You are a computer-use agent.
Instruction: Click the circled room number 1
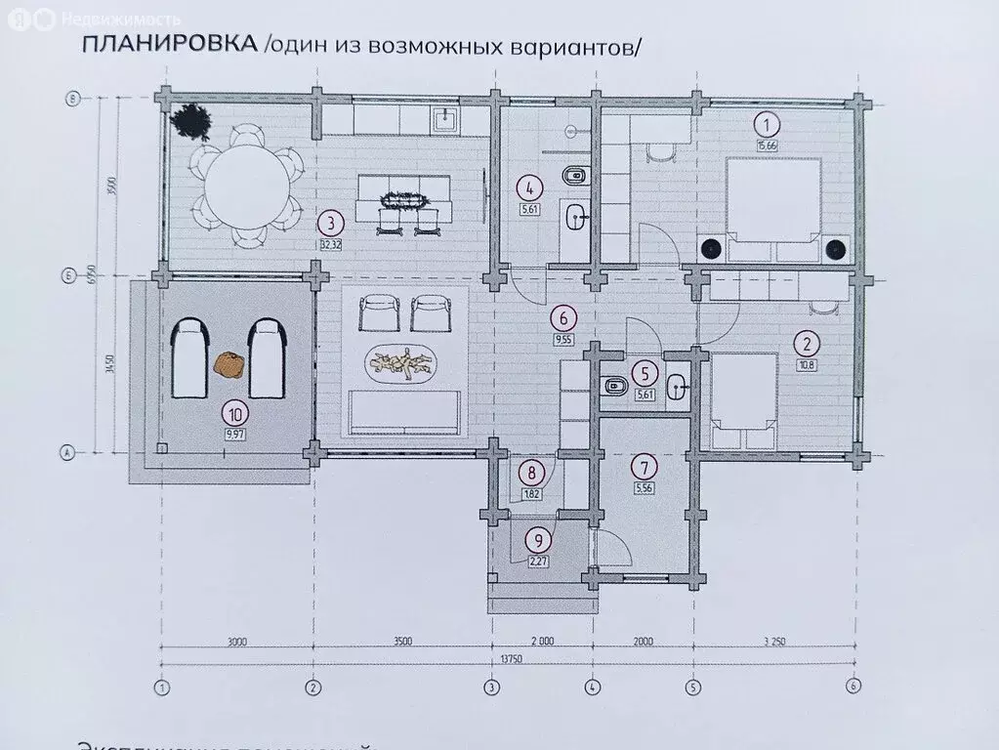pyautogui.click(x=769, y=124)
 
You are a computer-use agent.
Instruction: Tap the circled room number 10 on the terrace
pyautogui.click(x=233, y=411)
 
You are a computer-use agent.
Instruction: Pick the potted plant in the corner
pyautogui.click(x=191, y=123)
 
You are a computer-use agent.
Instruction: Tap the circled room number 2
pyautogui.click(x=806, y=343)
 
